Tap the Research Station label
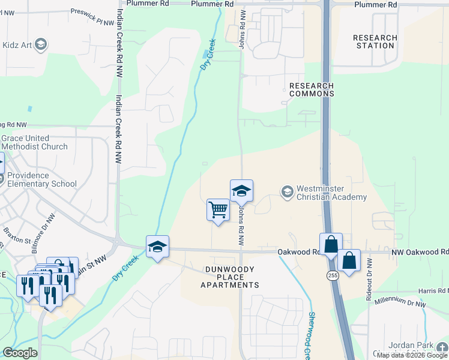coord(375,41)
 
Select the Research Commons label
coord(312,90)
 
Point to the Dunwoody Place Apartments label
coord(230,277)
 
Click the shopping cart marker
coord(218,210)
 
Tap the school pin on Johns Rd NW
coord(241,191)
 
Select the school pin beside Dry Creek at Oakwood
coord(158,247)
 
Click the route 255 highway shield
coord(332,275)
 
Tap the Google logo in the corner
coord(20,353)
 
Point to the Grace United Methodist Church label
coord(34,143)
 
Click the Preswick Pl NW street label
coord(92,16)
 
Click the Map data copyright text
coord(412,355)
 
